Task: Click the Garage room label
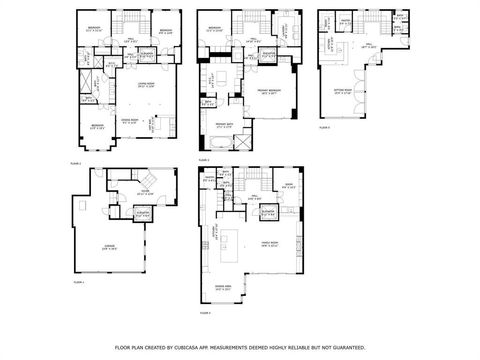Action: (106, 247)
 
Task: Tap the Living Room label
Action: (144, 84)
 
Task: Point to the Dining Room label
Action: (129, 120)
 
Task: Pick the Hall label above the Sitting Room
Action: (368, 44)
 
